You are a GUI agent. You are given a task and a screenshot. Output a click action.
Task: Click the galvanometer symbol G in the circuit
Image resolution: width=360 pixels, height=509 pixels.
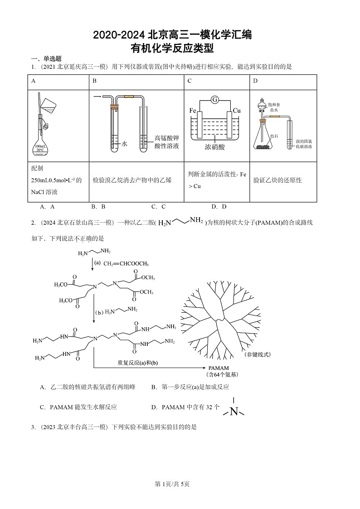click(215, 100)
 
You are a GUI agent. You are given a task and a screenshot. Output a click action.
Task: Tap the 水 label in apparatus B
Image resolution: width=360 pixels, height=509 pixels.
click(124, 143)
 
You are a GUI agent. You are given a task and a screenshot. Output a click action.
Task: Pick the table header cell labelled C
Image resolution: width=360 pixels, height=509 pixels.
click(190, 81)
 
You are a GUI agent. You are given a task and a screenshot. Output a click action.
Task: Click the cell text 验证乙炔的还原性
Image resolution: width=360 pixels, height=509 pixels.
click(277, 180)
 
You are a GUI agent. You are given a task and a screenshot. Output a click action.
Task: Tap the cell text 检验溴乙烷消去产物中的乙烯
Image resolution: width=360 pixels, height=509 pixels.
click(132, 180)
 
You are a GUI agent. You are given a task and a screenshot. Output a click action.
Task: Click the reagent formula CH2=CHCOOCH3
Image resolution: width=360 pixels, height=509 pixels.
click(126, 263)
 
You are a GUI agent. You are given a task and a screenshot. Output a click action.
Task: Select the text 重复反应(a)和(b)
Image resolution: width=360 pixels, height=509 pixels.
click(137, 363)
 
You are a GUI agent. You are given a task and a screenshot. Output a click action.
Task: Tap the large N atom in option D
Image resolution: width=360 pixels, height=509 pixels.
click(234, 412)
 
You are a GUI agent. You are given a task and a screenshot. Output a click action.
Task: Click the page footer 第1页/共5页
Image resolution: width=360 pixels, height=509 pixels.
click(172, 484)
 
